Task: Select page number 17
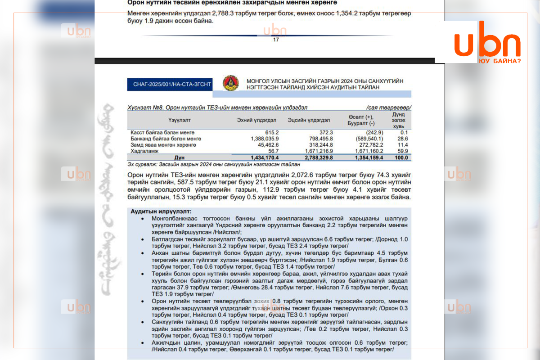click(x=276, y=40)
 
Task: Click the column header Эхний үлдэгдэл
click(x=256, y=120)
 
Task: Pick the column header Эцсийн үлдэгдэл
click(x=309, y=120)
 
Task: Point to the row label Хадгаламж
click(x=143, y=151)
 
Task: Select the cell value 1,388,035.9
click(x=264, y=139)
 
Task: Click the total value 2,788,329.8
click(x=317, y=157)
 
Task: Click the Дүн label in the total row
click(x=179, y=157)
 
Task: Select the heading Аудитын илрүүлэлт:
click(x=161, y=211)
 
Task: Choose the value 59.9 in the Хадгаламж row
click(x=402, y=151)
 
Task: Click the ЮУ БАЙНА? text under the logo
click(x=500, y=60)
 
